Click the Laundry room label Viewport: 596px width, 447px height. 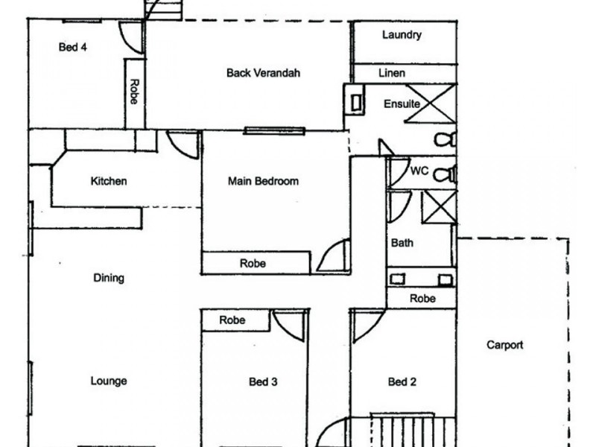pos(402,35)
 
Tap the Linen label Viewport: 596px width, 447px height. pos(392,73)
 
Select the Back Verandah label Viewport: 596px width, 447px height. pos(263,72)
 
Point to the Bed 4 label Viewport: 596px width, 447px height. pos(72,47)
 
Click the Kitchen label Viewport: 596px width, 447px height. pos(108,181)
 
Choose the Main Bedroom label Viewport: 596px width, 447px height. pos(263,181)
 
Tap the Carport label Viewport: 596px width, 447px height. pos(505,345)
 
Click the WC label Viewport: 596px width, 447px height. pos(419,171)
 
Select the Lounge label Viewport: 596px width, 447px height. pos(108,381)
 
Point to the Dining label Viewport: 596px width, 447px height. pos(109,278)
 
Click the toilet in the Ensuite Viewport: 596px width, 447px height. pos(445,139)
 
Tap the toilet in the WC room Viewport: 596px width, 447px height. pos(445,174)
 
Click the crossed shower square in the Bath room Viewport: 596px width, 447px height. pos(439,207)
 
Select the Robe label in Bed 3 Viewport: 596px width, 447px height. pos(232,320)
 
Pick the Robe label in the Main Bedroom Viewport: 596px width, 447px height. pos(253,263)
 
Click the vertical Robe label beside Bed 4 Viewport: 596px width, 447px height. pos(135,91)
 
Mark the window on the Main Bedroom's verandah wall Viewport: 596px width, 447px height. pos(274,131)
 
